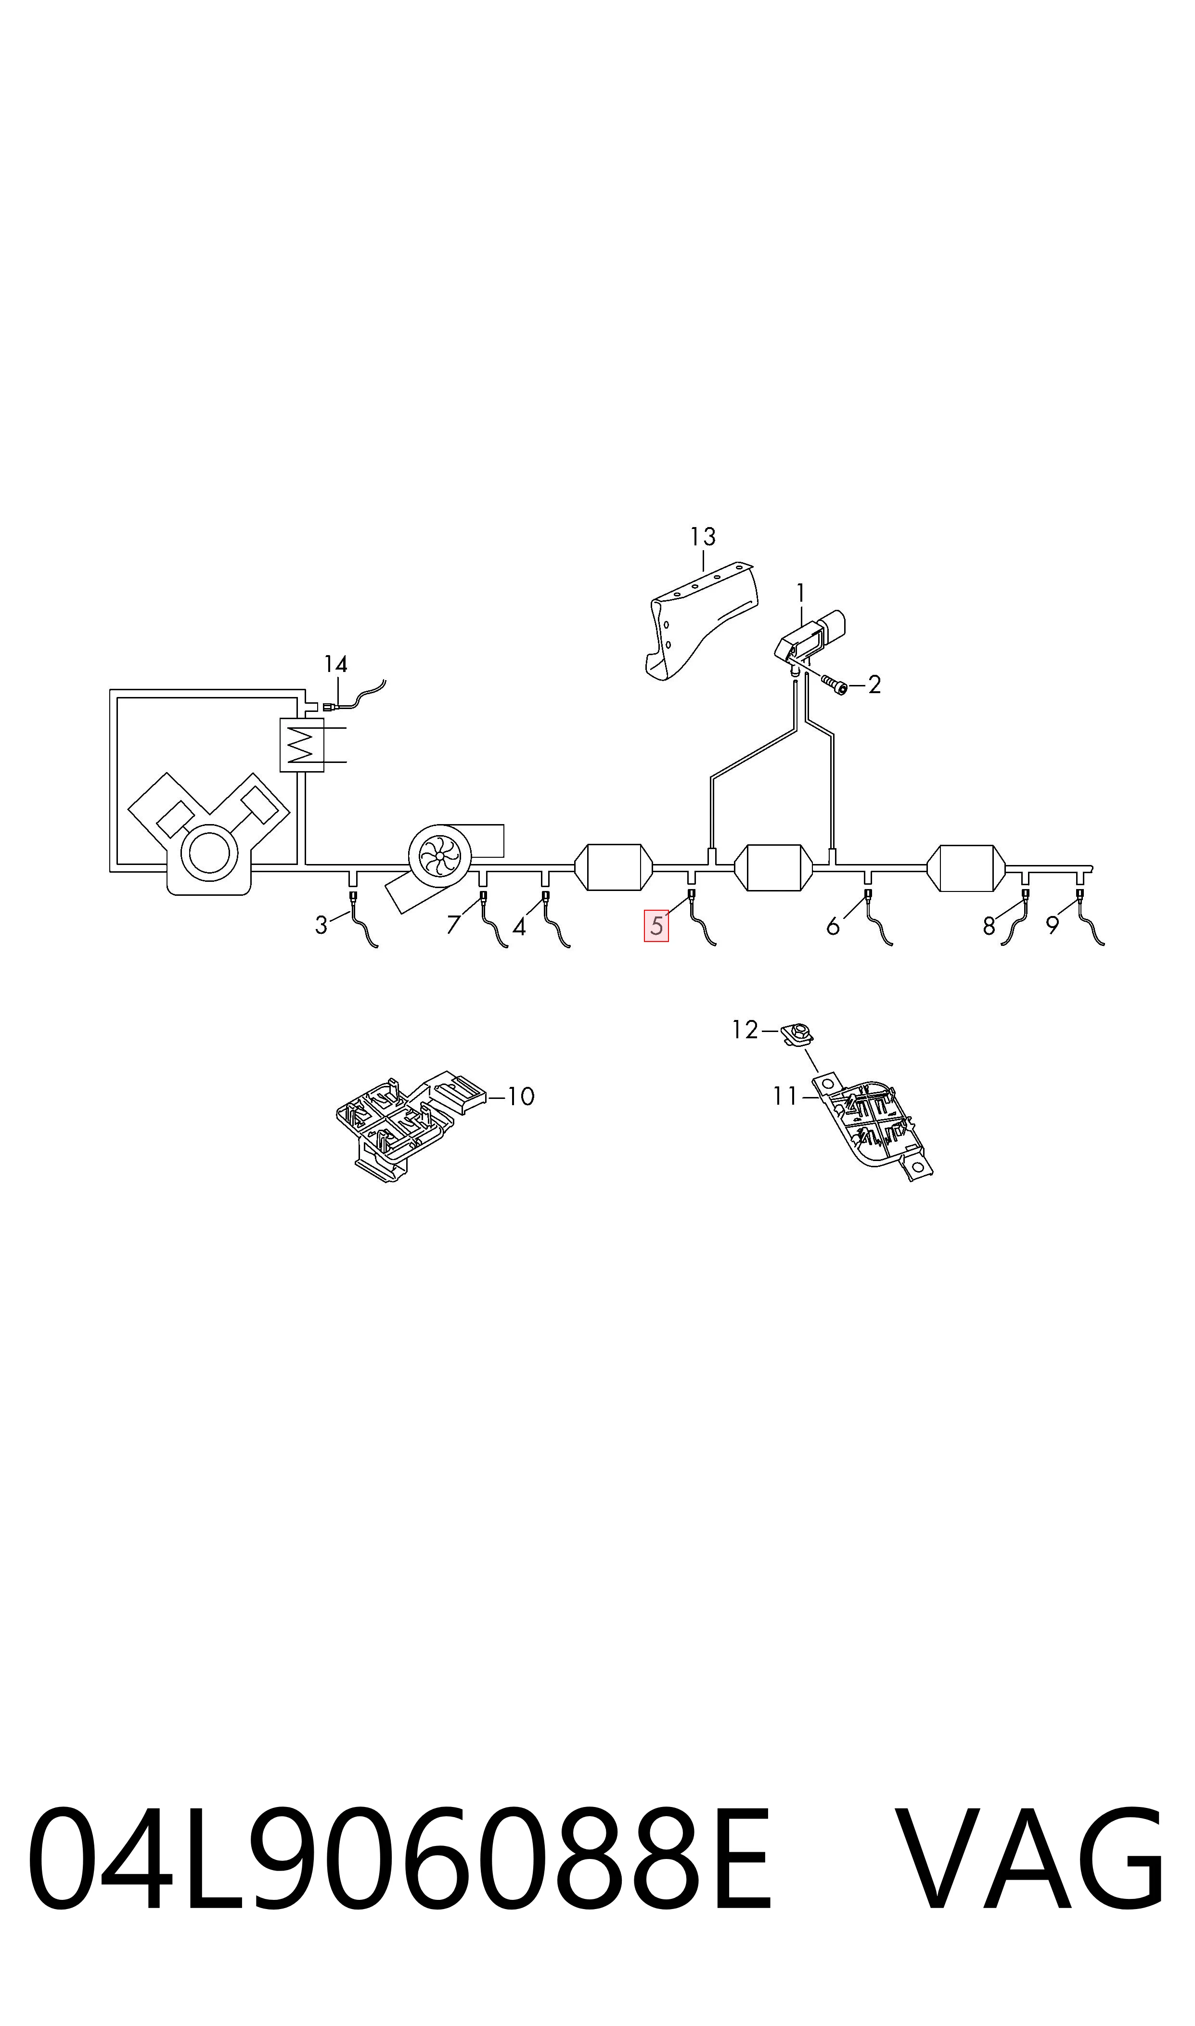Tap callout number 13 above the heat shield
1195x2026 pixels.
coord(703,536)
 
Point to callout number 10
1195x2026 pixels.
coord(522,1096)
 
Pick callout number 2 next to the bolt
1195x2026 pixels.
coord(874,684)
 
